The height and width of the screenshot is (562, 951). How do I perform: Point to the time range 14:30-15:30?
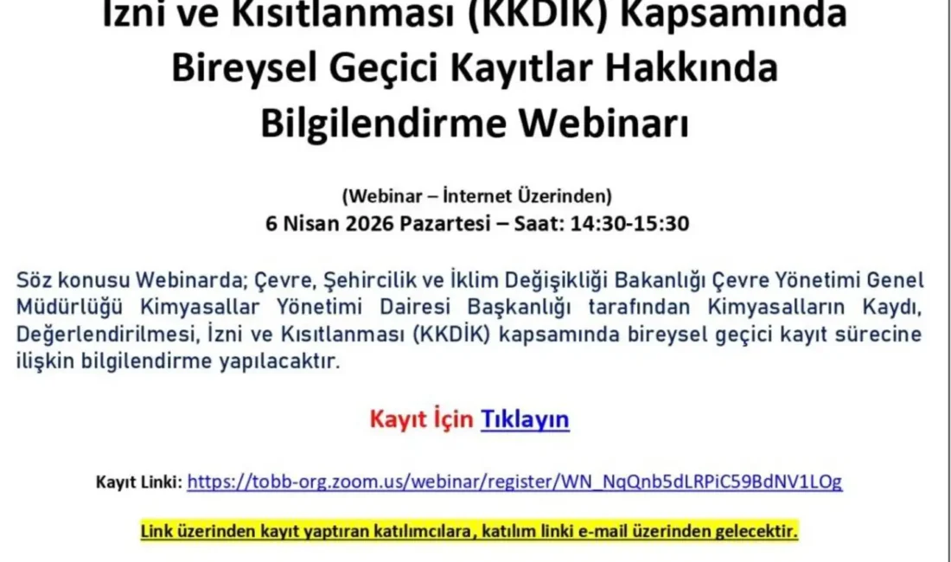click(x=629, y=223)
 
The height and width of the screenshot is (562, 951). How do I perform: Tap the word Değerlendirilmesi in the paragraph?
click(x=93, y=335)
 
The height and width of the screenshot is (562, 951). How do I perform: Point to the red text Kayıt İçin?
click(x=421, y=419)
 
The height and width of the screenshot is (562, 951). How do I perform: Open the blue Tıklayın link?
click(x=525, y=419)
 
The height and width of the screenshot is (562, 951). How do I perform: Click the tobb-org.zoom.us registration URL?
click(x=514, y=481)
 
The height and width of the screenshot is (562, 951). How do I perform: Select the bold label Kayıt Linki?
click(x=138, y=482)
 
